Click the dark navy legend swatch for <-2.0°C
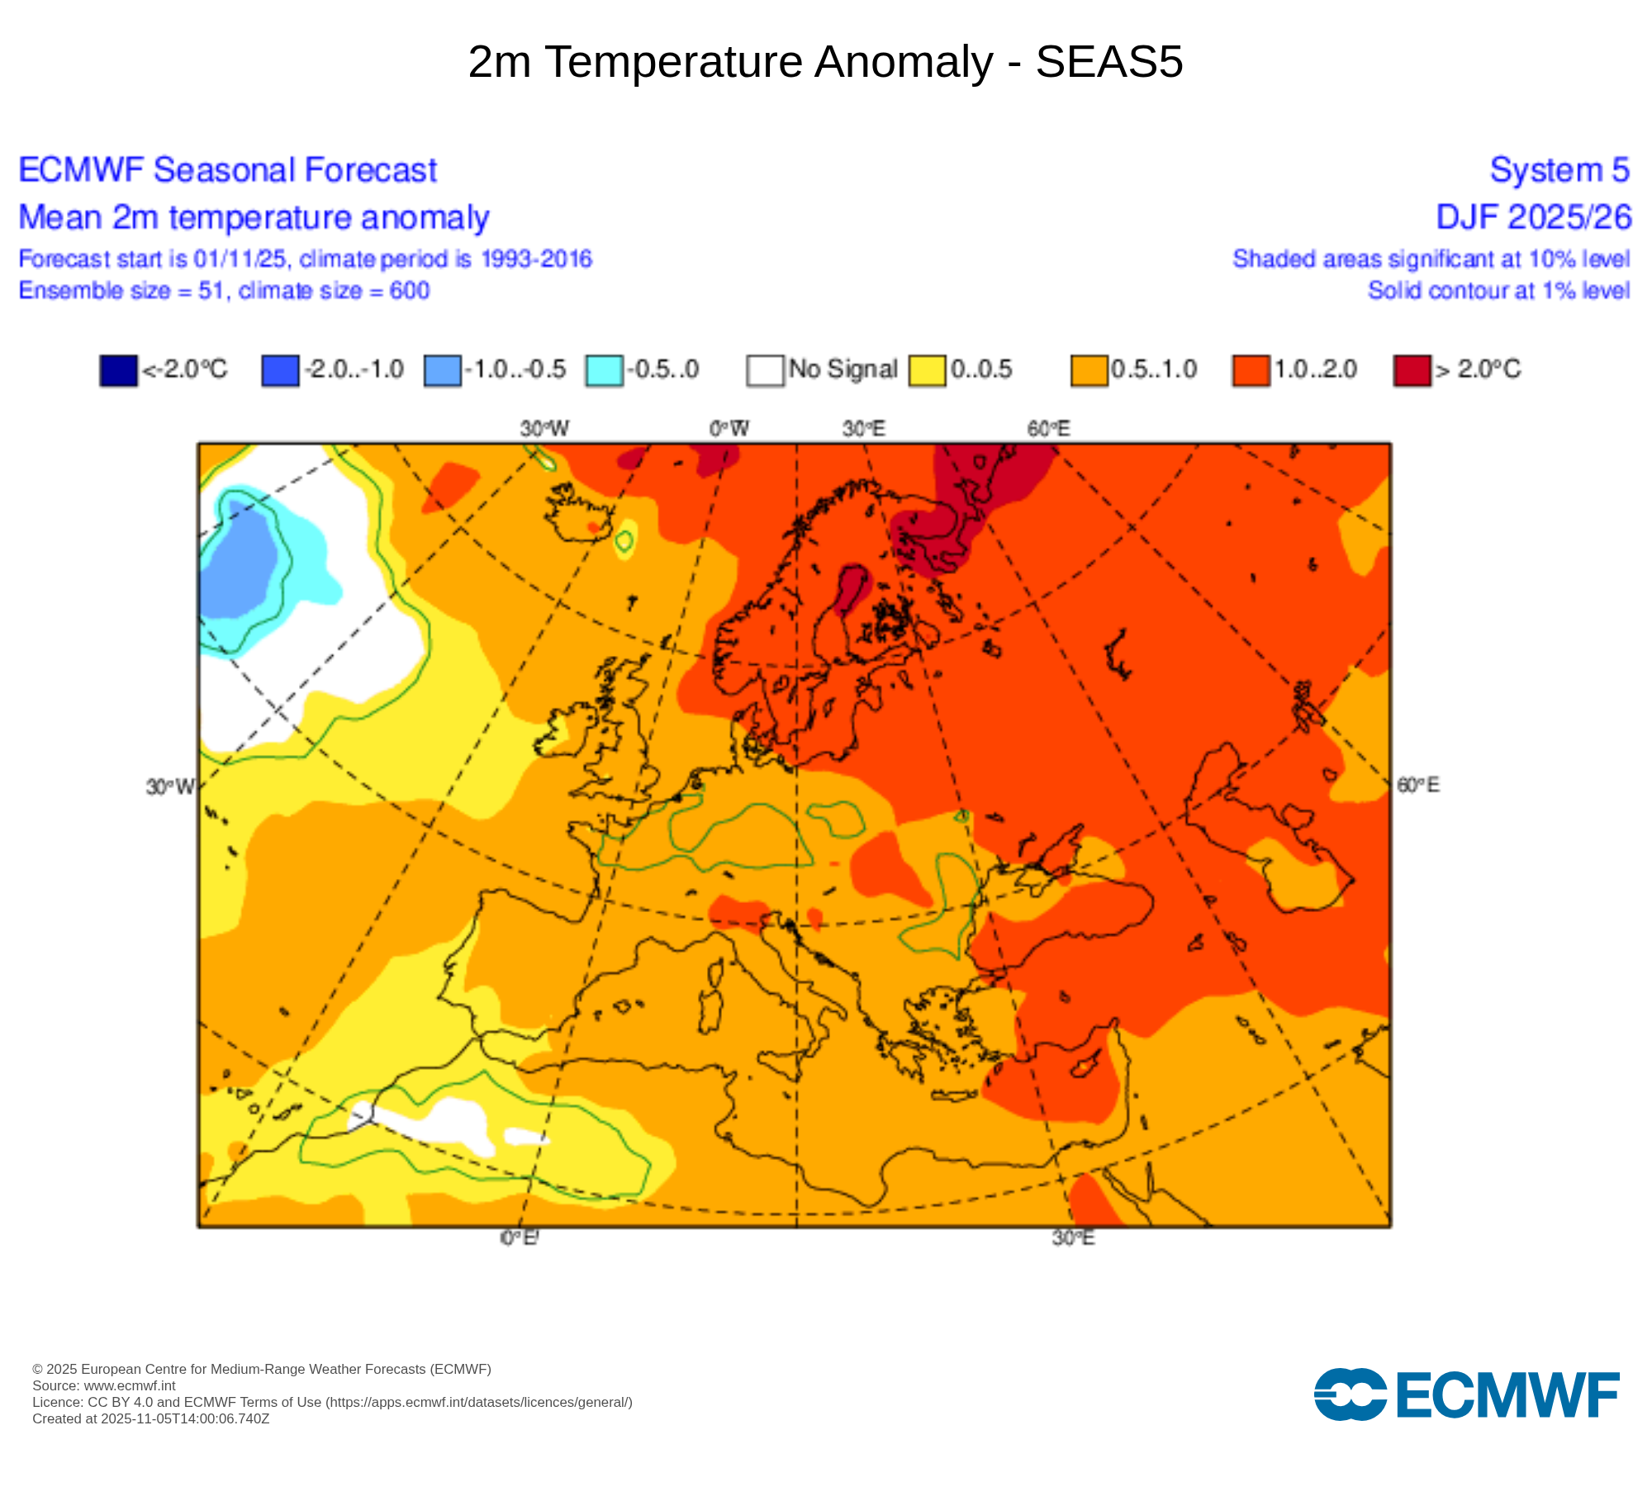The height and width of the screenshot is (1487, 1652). (x=118, y=370)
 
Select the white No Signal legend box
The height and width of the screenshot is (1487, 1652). (x=765, y=370)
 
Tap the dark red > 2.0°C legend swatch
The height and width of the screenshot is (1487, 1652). (x=1412, y=370)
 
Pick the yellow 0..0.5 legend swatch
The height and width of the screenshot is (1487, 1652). (x=927, y=370)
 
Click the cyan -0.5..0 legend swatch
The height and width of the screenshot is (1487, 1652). (x=604, y=370)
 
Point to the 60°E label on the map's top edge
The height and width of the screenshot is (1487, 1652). (x=1048, y=429)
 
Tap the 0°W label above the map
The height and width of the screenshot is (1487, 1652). (x=729, y=429)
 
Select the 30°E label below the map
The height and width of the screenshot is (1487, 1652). (x=1073, y=1238)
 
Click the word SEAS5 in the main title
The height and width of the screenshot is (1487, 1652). (x=1108, y=62)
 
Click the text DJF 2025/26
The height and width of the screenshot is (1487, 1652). (x=1533, y=217)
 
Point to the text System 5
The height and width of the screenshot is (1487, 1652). (x=1559, y=170)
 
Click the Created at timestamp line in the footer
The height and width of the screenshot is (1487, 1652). (x=150, y=1418)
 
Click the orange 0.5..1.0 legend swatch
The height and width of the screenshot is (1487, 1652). (x=1089, y=370)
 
